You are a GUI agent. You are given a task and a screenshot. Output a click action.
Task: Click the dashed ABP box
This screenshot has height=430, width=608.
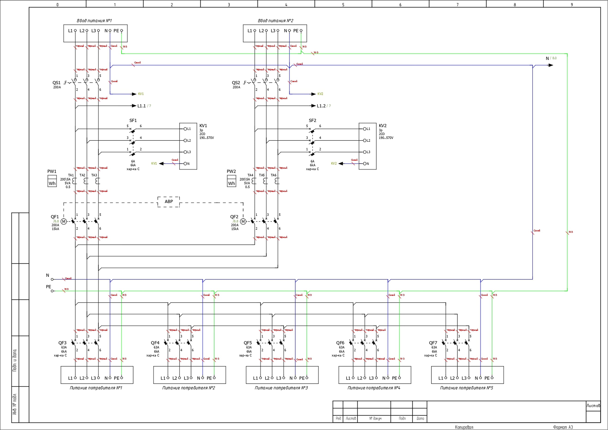pyautogui.click(x=169, y=202)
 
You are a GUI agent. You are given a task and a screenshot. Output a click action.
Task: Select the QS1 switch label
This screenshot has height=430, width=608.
pyautogui.click(x=56, y=83)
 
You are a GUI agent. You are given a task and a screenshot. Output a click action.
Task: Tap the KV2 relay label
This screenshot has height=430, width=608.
pyautogui.click(x=383, y=125)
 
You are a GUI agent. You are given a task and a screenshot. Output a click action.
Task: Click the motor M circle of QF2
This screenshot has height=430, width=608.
pyautogui.click(x=243, y=222)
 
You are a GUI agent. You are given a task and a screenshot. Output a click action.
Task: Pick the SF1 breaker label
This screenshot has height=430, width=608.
pyautogui.click(x=133, y=121)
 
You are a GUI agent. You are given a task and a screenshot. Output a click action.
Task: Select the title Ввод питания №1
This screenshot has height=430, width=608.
pyautogui.click(x=94, y=21)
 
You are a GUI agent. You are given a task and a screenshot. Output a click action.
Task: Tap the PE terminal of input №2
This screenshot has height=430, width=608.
pyautogui.click(x=301, y=31)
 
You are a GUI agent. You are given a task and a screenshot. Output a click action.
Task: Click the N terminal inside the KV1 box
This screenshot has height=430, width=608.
pyautogui.click(x=185, y=164)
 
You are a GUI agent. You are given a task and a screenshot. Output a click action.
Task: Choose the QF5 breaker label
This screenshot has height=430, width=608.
pyautogui.click(x=248, y=343)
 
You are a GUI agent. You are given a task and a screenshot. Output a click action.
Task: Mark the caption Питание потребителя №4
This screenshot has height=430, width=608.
pyautogui.click(x=374, y=388)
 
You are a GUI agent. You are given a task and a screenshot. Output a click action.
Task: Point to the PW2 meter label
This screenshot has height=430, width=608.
pyautogui.click(x=231, y=171)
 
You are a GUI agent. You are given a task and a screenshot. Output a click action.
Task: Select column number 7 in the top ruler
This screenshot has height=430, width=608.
pyautogui.click(x=457, y=4)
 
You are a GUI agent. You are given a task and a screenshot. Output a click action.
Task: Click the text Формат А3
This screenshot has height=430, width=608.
pyautogui.click(x=563, y=427)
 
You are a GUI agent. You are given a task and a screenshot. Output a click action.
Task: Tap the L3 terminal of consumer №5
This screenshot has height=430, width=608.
pyautogui.click(x=469, y=378)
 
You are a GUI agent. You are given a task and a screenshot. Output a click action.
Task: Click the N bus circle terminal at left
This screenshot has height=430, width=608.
pyautogui.click(x=52, y=279)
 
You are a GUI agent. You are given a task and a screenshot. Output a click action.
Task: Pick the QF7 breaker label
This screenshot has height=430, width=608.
pyautogui.click(x=433, y=343)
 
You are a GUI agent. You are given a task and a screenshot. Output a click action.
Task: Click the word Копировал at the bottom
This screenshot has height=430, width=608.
pyautogui.click(x=464, y=427)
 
